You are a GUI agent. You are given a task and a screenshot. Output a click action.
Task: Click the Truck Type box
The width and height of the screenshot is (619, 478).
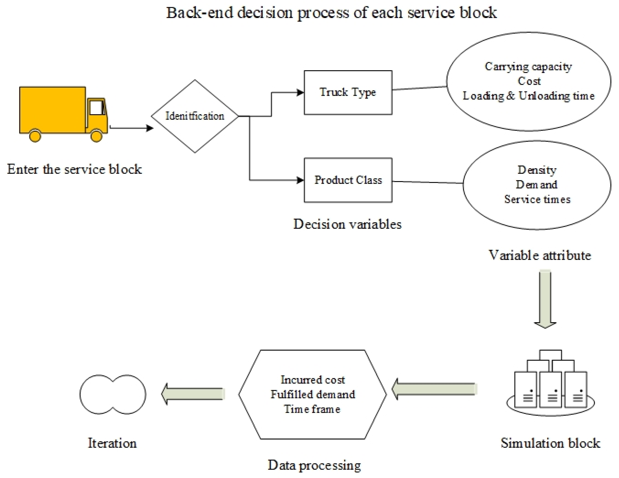point(348,93)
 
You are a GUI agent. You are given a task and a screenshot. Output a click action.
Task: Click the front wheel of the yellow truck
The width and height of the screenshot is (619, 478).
point(96,136)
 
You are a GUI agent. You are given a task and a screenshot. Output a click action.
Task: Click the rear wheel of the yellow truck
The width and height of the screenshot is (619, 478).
point(35,136)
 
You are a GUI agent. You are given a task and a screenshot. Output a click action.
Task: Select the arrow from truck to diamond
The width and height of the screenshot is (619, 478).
point(131,128)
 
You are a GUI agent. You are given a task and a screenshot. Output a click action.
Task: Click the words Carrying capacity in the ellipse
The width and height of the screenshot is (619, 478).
point(528,66)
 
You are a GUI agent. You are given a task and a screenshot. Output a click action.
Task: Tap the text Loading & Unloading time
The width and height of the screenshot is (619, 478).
point(528,96)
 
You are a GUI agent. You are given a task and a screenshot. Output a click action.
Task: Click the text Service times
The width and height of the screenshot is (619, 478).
point(537,199)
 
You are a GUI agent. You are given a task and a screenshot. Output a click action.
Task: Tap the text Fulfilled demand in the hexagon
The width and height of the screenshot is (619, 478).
point(313,394)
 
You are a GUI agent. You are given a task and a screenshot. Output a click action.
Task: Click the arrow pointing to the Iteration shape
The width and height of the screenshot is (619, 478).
point(193,394)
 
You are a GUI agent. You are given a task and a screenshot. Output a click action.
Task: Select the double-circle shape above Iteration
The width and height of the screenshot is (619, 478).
point(113,394)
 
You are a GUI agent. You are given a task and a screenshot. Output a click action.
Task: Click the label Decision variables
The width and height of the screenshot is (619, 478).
point(347,224)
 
